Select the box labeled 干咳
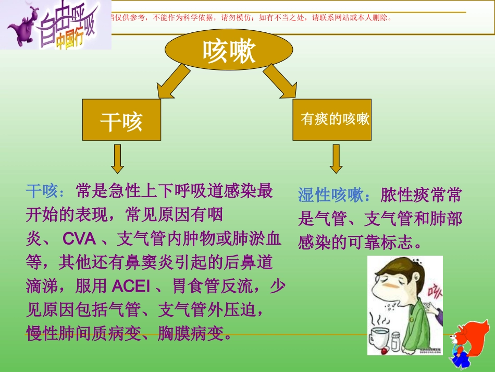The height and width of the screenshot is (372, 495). [x=121, y=121]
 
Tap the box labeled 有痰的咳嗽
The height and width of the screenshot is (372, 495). [x=332, y=119]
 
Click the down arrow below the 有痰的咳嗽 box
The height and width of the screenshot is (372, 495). [x=336, y=159]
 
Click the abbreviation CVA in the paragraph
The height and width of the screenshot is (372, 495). [x=79, y=239]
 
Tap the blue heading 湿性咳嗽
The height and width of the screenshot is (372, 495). [x=330, y=196]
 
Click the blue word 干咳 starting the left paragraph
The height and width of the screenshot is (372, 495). [x=41, y=191]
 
